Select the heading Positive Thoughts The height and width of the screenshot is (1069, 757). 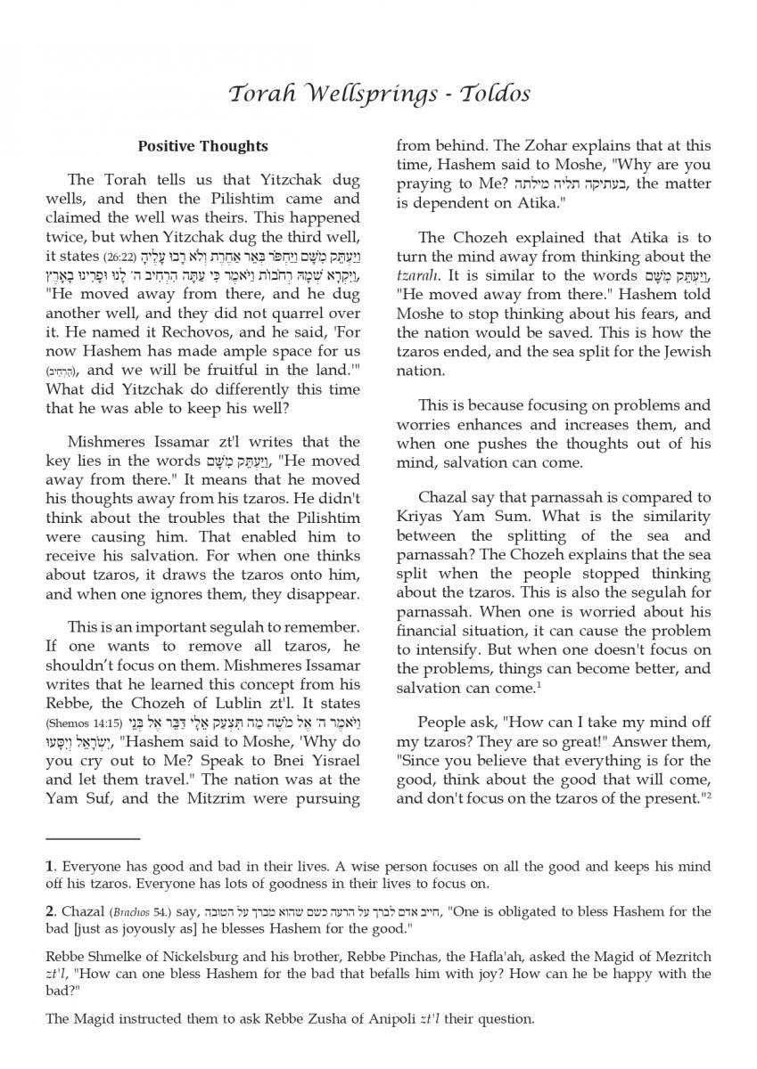point(203,146)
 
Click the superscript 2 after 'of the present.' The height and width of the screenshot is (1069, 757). point(708,796)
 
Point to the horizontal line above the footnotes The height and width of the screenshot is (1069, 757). point(93,838)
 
